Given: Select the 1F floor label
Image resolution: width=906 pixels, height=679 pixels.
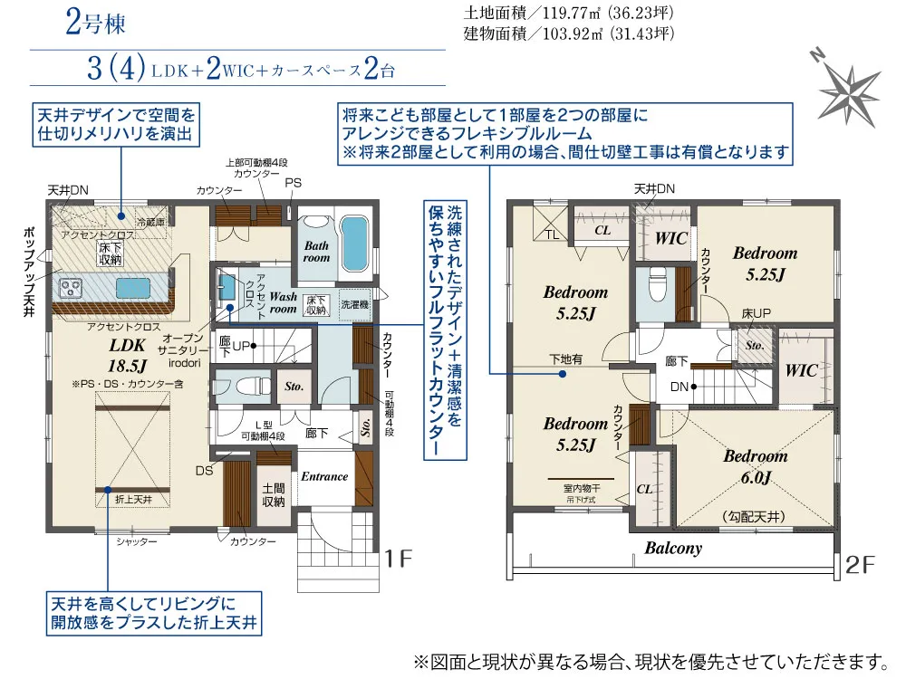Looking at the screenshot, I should point(398,558).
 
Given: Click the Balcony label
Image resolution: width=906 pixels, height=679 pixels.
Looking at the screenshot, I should point(673,548).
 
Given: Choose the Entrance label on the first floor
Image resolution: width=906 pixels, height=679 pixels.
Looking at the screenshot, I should point(324,476).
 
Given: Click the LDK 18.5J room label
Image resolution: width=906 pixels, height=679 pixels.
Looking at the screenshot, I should point(127,356).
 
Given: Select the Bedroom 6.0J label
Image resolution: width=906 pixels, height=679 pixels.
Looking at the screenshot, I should point(755,466).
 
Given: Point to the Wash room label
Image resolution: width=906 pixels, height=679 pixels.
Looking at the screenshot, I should point(283,302).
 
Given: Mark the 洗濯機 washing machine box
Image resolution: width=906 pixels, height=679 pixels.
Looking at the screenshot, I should point(354,305).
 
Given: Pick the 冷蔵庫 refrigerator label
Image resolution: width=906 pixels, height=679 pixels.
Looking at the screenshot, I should point(149,221).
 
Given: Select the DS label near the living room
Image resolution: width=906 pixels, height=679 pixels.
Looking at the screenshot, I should point(204,470).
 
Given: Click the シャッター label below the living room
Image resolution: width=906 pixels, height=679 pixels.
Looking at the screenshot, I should point(137,541).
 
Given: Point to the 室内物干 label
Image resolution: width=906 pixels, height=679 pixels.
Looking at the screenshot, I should point(580,489).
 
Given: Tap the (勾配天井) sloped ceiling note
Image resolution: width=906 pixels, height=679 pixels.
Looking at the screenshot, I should point(754,516).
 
